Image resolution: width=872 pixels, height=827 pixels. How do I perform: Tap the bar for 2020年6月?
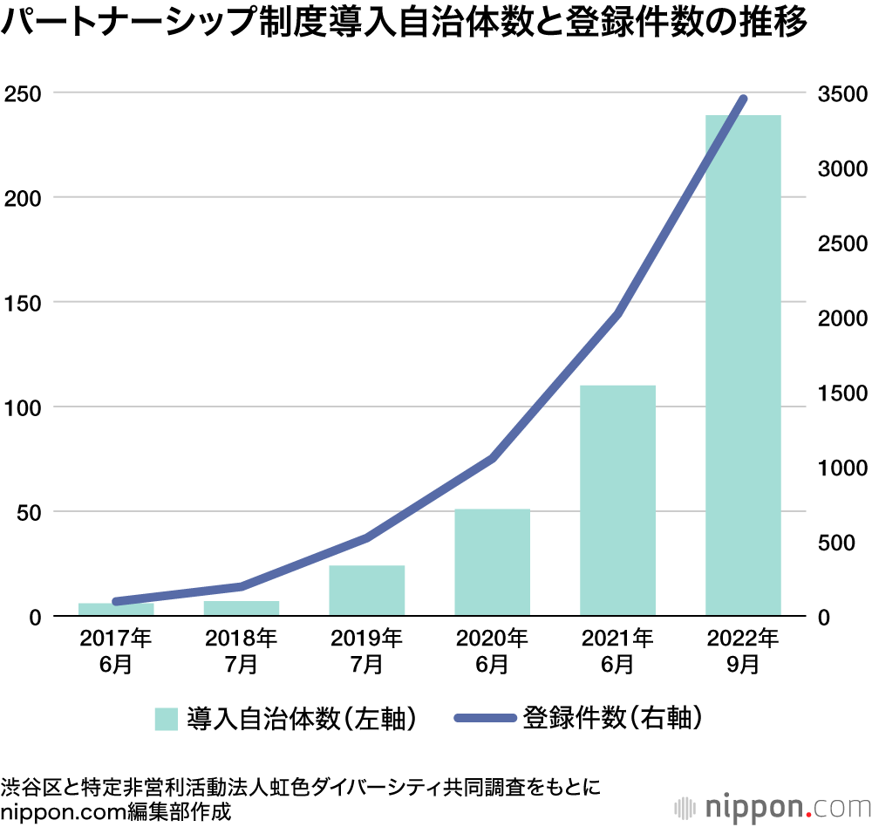tap(492, 562)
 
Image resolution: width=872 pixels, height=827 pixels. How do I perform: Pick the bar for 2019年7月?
tap(366, 591)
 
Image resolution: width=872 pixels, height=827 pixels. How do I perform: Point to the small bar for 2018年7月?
tap(242, 608)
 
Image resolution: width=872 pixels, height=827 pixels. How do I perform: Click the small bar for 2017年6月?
tap(116, 609)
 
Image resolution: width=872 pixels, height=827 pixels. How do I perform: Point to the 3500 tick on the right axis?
tap(841, 93)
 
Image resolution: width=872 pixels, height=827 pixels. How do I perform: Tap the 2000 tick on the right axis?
tap(841, 318)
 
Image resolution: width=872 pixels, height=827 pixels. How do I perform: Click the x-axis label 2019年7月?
tap(366, 651)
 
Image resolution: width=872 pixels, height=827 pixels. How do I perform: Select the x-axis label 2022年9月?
tap(743, 651)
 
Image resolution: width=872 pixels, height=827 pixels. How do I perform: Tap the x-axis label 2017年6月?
tap(116, 651)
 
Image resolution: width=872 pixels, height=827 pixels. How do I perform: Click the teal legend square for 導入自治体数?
tap(166, 719)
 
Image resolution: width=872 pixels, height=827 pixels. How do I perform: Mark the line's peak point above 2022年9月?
tap(744, 99)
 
